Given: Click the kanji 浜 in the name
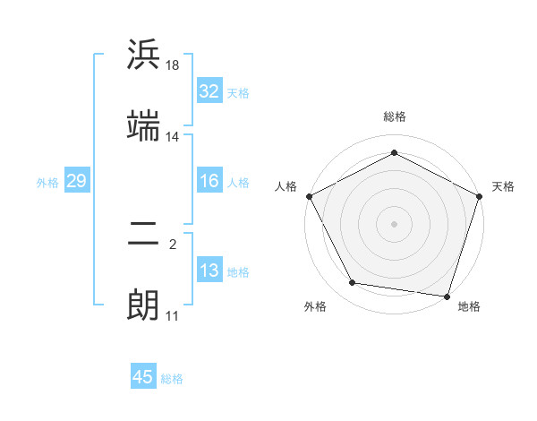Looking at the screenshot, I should click(x=144, y=55).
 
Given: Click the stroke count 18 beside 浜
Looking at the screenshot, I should click(x=173, y=66).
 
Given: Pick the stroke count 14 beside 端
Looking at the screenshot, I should click(x=172, y=137).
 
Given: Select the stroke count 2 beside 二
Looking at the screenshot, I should click(x=173, y=243).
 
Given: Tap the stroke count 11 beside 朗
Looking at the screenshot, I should click(x=172, y=316).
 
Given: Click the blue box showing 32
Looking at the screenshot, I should click(x=209, y=90).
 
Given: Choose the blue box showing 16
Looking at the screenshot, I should click(x=209, y=181).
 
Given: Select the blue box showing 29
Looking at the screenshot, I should click(x=76, y=181).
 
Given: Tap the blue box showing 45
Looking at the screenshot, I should click(x=143, y=377).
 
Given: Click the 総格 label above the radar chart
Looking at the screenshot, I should click(x=395, y=116).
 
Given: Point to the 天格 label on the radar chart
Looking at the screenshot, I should click(x=503, y=186).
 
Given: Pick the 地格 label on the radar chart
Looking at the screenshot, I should click(x=469, y=306).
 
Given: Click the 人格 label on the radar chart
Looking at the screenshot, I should click(x=286, y=186).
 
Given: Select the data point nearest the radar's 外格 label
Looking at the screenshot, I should click(x=353, y=283).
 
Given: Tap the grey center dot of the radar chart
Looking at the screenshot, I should click(x=395, y=223).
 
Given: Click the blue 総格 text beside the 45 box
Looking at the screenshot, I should click(x=172, y=379).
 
